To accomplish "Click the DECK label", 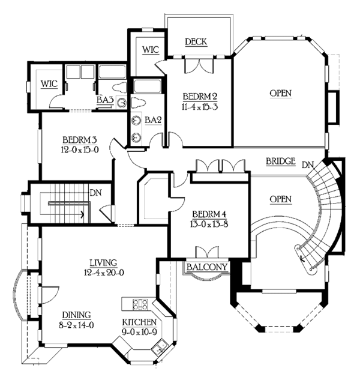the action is click(x=196, y=42).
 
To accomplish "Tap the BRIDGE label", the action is click(x=280, y=161).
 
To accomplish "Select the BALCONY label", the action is click(x=206, y=267).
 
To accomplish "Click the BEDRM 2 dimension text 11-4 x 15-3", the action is click(x=200, y=107).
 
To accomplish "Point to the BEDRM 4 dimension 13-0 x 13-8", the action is click(x=209, y=224).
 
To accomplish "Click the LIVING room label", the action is click(x=103, y=262).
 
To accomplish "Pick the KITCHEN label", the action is click(x=139, y=322).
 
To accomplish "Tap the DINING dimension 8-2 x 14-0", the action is click(x=76, y=325).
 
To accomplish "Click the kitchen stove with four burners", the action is click(x=140, y=304).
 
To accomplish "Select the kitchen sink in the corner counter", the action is click(x=158, y=348).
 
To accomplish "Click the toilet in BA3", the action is click(x=119, y=88).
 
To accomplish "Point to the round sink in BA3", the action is click(x=122, y=103).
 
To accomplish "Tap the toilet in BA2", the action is click(x=138, y=103).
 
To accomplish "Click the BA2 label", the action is click(x=153, y=120).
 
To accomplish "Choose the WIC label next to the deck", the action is click(x=151, y=50).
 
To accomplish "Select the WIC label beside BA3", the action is click(x=49, y=84).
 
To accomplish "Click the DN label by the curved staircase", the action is click(x=308, y=165).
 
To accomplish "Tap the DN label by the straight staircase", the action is click(x=95, y=193).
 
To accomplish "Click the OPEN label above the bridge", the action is click(x=280, y=93).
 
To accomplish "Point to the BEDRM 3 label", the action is click(x=80, y=140).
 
